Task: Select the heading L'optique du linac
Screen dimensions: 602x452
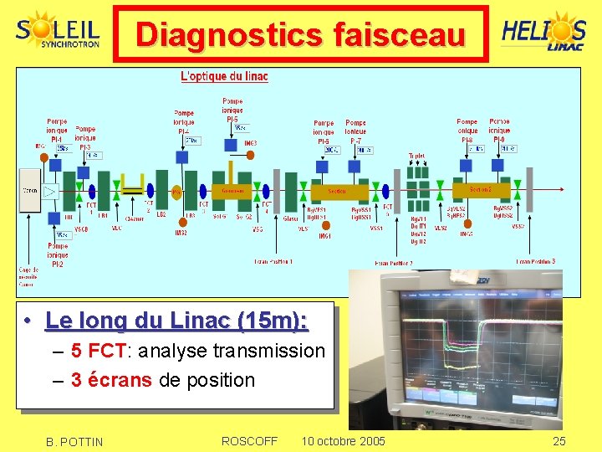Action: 224,76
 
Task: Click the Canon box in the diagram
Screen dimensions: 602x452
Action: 29,191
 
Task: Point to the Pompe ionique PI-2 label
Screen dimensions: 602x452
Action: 58,255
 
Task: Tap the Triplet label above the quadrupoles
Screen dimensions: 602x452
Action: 416,156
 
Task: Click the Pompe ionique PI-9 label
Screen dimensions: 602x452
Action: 499,130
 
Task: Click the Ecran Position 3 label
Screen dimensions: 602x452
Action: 535,261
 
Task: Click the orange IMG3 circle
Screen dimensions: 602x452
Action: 251,143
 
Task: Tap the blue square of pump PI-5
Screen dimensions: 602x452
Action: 232,145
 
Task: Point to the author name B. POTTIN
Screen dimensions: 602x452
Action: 75,442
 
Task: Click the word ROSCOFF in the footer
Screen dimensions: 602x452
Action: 249,441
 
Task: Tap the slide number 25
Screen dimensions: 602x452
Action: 559,441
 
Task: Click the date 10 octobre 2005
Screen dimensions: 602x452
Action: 343,441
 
